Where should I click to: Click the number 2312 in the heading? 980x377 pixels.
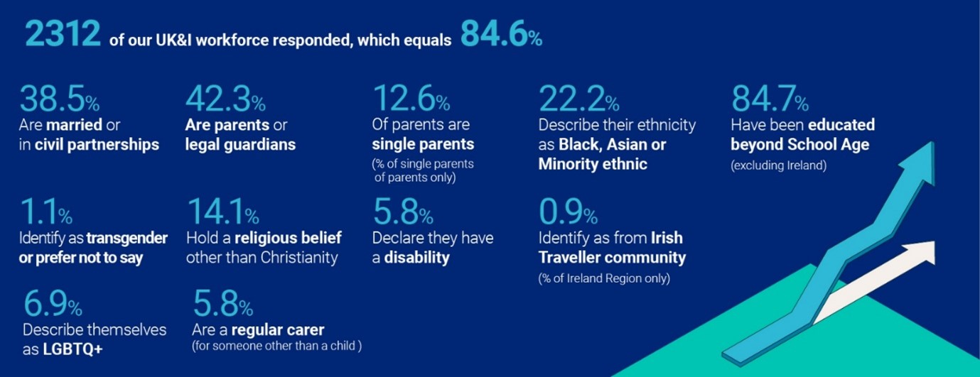(63, 34)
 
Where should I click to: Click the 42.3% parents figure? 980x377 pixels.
(225, 100)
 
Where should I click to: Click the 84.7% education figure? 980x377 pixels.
(770, 100)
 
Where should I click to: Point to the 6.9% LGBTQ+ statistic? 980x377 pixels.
(52, 307)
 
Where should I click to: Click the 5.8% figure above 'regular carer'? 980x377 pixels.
(222, 307)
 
